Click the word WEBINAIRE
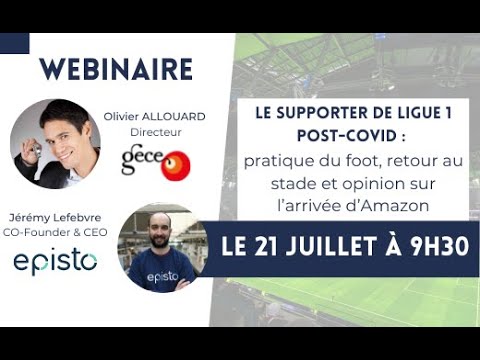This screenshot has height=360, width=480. coord(116,69)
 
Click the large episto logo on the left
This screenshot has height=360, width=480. coord(55,262)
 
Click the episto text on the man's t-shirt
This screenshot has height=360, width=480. coord(160,276)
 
